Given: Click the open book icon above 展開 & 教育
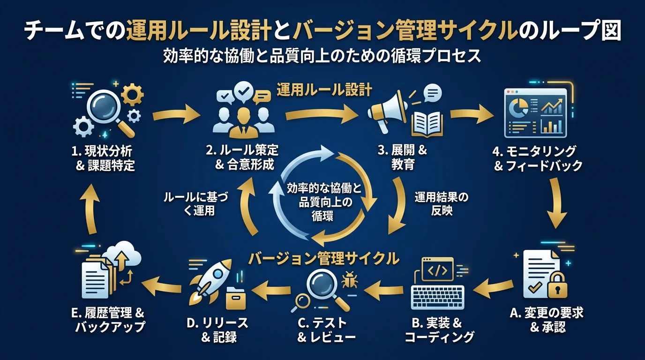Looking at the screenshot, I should [427, 121].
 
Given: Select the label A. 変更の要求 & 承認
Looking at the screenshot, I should [547, 320].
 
